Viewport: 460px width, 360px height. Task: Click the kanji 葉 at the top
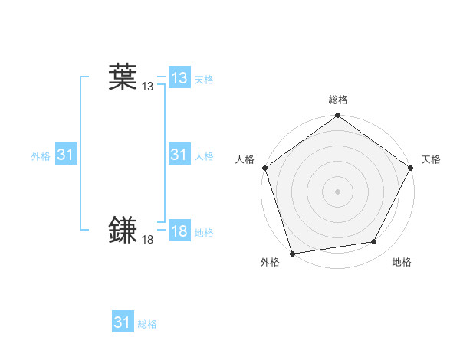[122, 77]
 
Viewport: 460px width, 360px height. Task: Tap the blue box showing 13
[179, 78]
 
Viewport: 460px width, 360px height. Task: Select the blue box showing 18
[179, 231]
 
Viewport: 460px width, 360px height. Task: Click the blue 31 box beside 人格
[179, 155]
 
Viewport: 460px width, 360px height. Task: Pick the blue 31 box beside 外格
[65, 155]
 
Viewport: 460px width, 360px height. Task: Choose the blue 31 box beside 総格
[122, 322]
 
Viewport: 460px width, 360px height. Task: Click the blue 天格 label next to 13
[203, 80]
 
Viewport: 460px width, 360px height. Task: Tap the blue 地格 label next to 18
[203, 233]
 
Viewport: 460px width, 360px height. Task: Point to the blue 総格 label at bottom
[147, 324]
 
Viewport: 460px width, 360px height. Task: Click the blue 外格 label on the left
[41, 156]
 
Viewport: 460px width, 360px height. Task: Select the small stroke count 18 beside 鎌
[147, 240]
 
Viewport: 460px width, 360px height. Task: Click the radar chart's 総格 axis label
[337, 100]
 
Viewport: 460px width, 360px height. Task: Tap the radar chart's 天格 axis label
[431, 159]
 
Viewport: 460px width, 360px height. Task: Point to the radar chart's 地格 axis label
[402, 262]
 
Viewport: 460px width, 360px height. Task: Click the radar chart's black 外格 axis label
[270, 262]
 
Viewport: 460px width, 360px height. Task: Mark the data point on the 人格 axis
[264, 168]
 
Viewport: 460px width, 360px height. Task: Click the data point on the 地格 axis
[374, 242]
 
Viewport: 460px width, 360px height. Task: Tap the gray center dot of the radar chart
[337, 191]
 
